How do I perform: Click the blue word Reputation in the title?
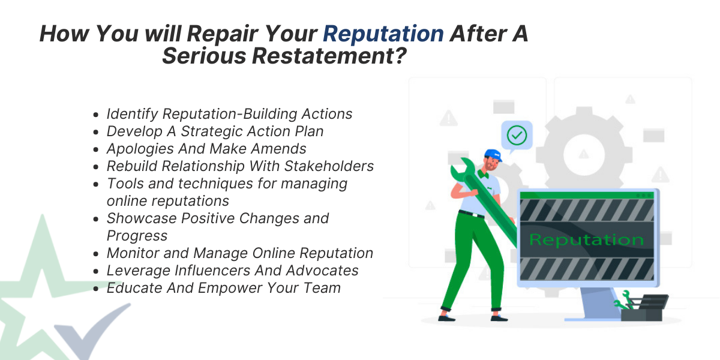383,34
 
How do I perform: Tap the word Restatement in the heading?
329,56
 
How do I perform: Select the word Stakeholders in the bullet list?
329,166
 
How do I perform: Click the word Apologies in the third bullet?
140,149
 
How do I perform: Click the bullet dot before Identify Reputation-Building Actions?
95,115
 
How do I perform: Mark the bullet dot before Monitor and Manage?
95,254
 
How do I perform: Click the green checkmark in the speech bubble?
517,135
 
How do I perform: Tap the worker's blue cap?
493,155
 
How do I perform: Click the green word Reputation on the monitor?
586,240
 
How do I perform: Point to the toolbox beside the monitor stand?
644,308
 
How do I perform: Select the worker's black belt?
472,214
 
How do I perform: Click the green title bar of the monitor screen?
587,196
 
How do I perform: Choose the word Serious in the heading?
204,56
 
